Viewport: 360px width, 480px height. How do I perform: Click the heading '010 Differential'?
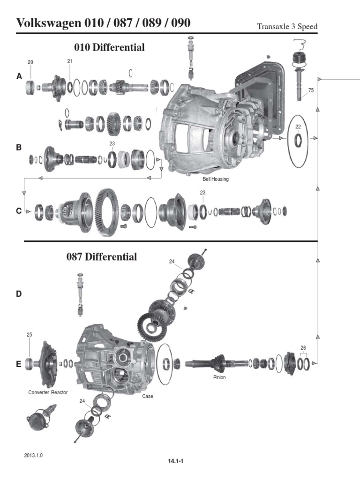109,47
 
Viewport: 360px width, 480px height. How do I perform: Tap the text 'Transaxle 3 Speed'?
287,27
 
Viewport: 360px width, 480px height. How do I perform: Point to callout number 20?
30,62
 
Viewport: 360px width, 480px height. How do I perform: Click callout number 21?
70,61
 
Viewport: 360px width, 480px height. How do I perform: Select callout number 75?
311,90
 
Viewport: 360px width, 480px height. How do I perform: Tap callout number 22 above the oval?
298,127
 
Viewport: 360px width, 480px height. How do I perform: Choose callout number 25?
29,335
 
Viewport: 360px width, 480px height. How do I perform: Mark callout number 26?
303,347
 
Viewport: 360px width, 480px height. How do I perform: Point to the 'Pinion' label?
219,377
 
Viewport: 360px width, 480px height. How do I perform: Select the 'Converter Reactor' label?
48,392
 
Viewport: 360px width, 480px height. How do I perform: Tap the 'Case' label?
148,396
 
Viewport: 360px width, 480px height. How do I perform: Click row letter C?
19,211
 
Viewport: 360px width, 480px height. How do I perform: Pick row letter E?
19,363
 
